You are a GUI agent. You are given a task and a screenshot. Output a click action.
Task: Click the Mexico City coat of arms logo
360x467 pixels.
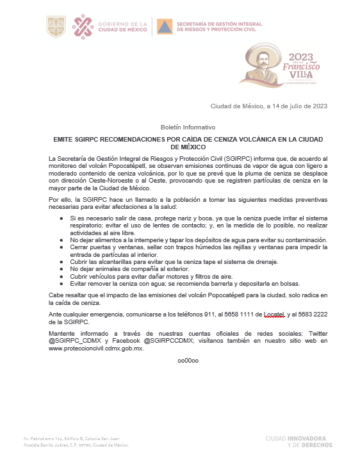click(x=56, y=26)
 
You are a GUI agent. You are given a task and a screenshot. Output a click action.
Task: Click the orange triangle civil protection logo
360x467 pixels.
click(x=165, y=27)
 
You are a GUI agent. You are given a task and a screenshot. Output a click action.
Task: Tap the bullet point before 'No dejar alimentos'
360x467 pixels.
click(x=61, y=240)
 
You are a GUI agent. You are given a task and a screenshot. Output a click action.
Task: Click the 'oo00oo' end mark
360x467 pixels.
click(x=188, y=361)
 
